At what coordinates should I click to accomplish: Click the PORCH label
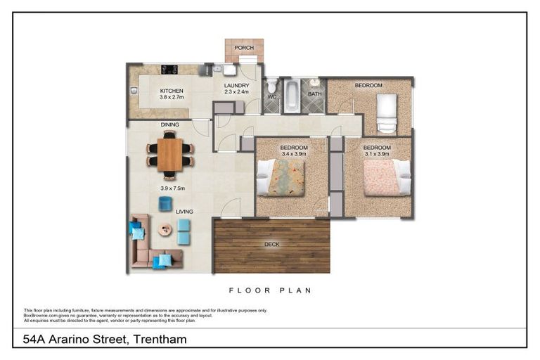click(x=244, y=48)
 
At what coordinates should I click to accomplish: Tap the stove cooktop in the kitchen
click(x=169, y=70)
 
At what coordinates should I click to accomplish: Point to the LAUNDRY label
click(x=236, y=86)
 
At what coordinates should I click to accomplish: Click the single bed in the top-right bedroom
click(x=386, y=113)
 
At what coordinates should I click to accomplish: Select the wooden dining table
click(x=169, y=155)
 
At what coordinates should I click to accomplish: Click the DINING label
click(x=169, y=124)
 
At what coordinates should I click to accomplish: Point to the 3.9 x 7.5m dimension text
click(x=172, y=188)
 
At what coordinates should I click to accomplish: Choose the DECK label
click(x=272, y=245)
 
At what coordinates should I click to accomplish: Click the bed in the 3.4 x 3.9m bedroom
click(x=282, y=177)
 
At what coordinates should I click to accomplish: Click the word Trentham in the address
click(x=157, y=340)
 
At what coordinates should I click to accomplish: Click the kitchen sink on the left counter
click(x=134, y=89)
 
